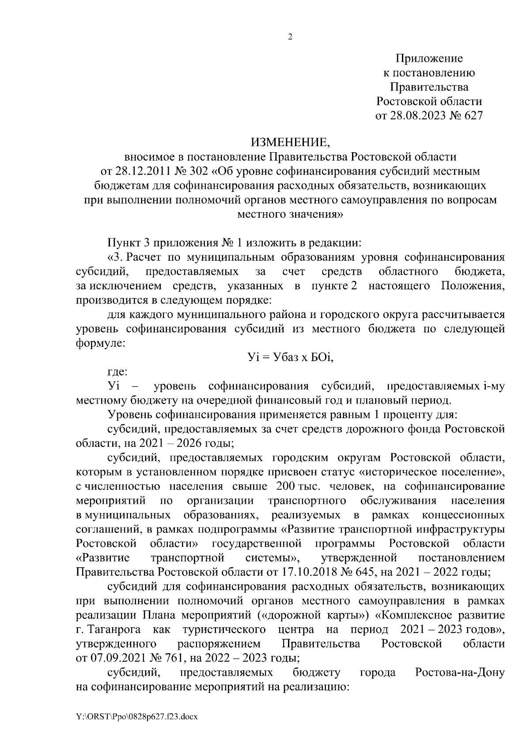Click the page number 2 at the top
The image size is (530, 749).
(x=290, y=37)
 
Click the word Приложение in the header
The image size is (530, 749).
(x=429, y=58)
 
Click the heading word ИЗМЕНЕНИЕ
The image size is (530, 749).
(x=290, y=142)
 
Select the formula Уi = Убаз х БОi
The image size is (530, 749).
(x=290, y=358)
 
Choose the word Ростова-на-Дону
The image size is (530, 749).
(x=460, y=673)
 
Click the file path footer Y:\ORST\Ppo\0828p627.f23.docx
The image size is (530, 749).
(x=136, y=717)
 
